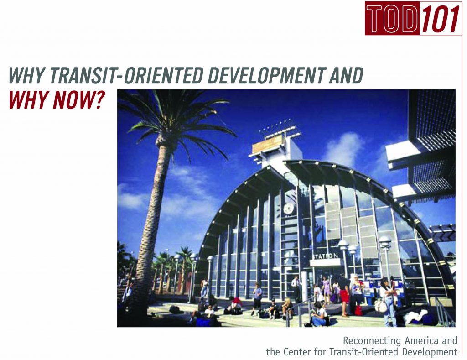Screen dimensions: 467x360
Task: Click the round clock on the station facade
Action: click(289, 209)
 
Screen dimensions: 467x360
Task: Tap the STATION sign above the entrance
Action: click(325, 256)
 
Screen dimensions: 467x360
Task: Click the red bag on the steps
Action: click(358, 311)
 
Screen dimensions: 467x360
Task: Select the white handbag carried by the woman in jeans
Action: click(380, 305)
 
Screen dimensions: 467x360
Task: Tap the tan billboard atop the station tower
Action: click(267, 144)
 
